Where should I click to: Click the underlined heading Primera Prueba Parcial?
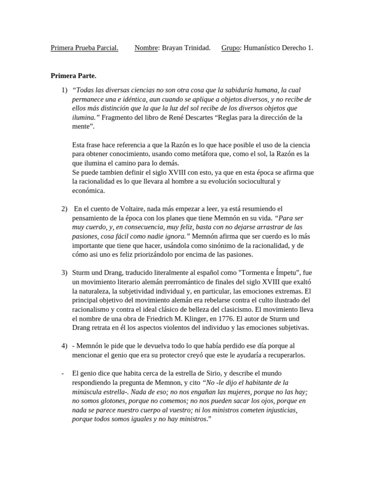point(85,48)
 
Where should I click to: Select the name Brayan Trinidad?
point(186,48)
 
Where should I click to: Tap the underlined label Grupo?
point(231,48)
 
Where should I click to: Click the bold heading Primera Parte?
point(73,75)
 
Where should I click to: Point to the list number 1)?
point(64,90)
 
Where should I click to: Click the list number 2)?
point(64,209)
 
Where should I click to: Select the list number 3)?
point(64,273)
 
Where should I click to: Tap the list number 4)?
point(64,346)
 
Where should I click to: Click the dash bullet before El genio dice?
point(63,373)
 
